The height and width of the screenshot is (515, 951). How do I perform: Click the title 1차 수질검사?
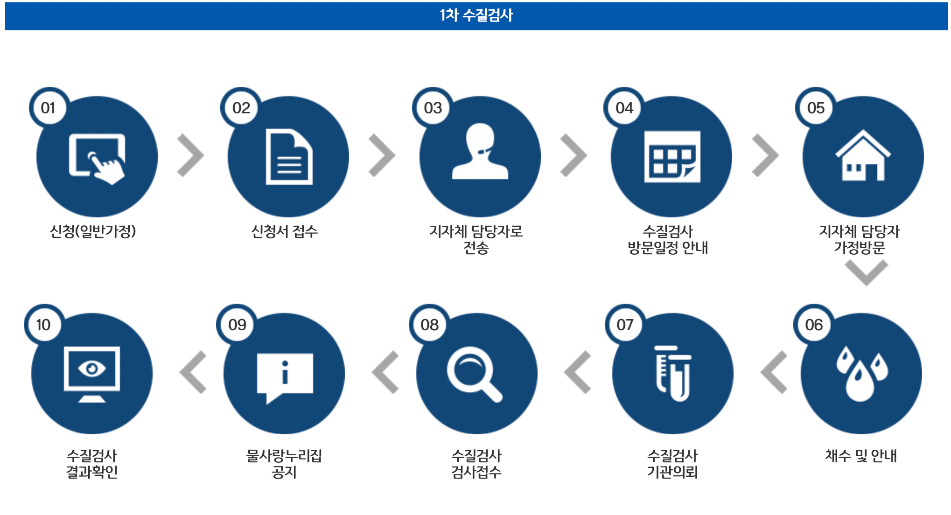click(475, 15)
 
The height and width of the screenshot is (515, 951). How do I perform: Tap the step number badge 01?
click(48, 108)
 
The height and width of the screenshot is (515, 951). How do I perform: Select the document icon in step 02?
click(289, 157)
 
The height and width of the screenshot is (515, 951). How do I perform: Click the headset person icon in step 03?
click(480, 152)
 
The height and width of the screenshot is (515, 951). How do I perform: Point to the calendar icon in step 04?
click(672, 157)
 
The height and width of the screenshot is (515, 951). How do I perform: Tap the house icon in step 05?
click(863, 156)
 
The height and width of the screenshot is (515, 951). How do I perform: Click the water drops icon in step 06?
click(861, 373)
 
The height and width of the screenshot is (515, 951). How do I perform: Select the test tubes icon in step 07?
click(673, 373)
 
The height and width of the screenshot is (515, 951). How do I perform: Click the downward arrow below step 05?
click(866, 272)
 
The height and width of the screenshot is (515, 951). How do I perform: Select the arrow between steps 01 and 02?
click(190, 156)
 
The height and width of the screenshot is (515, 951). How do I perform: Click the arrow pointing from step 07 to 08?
click(578, 372)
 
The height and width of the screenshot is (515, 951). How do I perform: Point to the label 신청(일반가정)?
click(93, 231)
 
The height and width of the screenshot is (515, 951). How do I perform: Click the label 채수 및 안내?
click(861, 456)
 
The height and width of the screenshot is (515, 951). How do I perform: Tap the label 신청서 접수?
click(284, 231)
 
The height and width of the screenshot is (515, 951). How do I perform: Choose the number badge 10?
click(43, 325)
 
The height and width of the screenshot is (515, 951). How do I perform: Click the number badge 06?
click(814, 325)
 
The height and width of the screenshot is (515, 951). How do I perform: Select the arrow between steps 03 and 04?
click(573, 156)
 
